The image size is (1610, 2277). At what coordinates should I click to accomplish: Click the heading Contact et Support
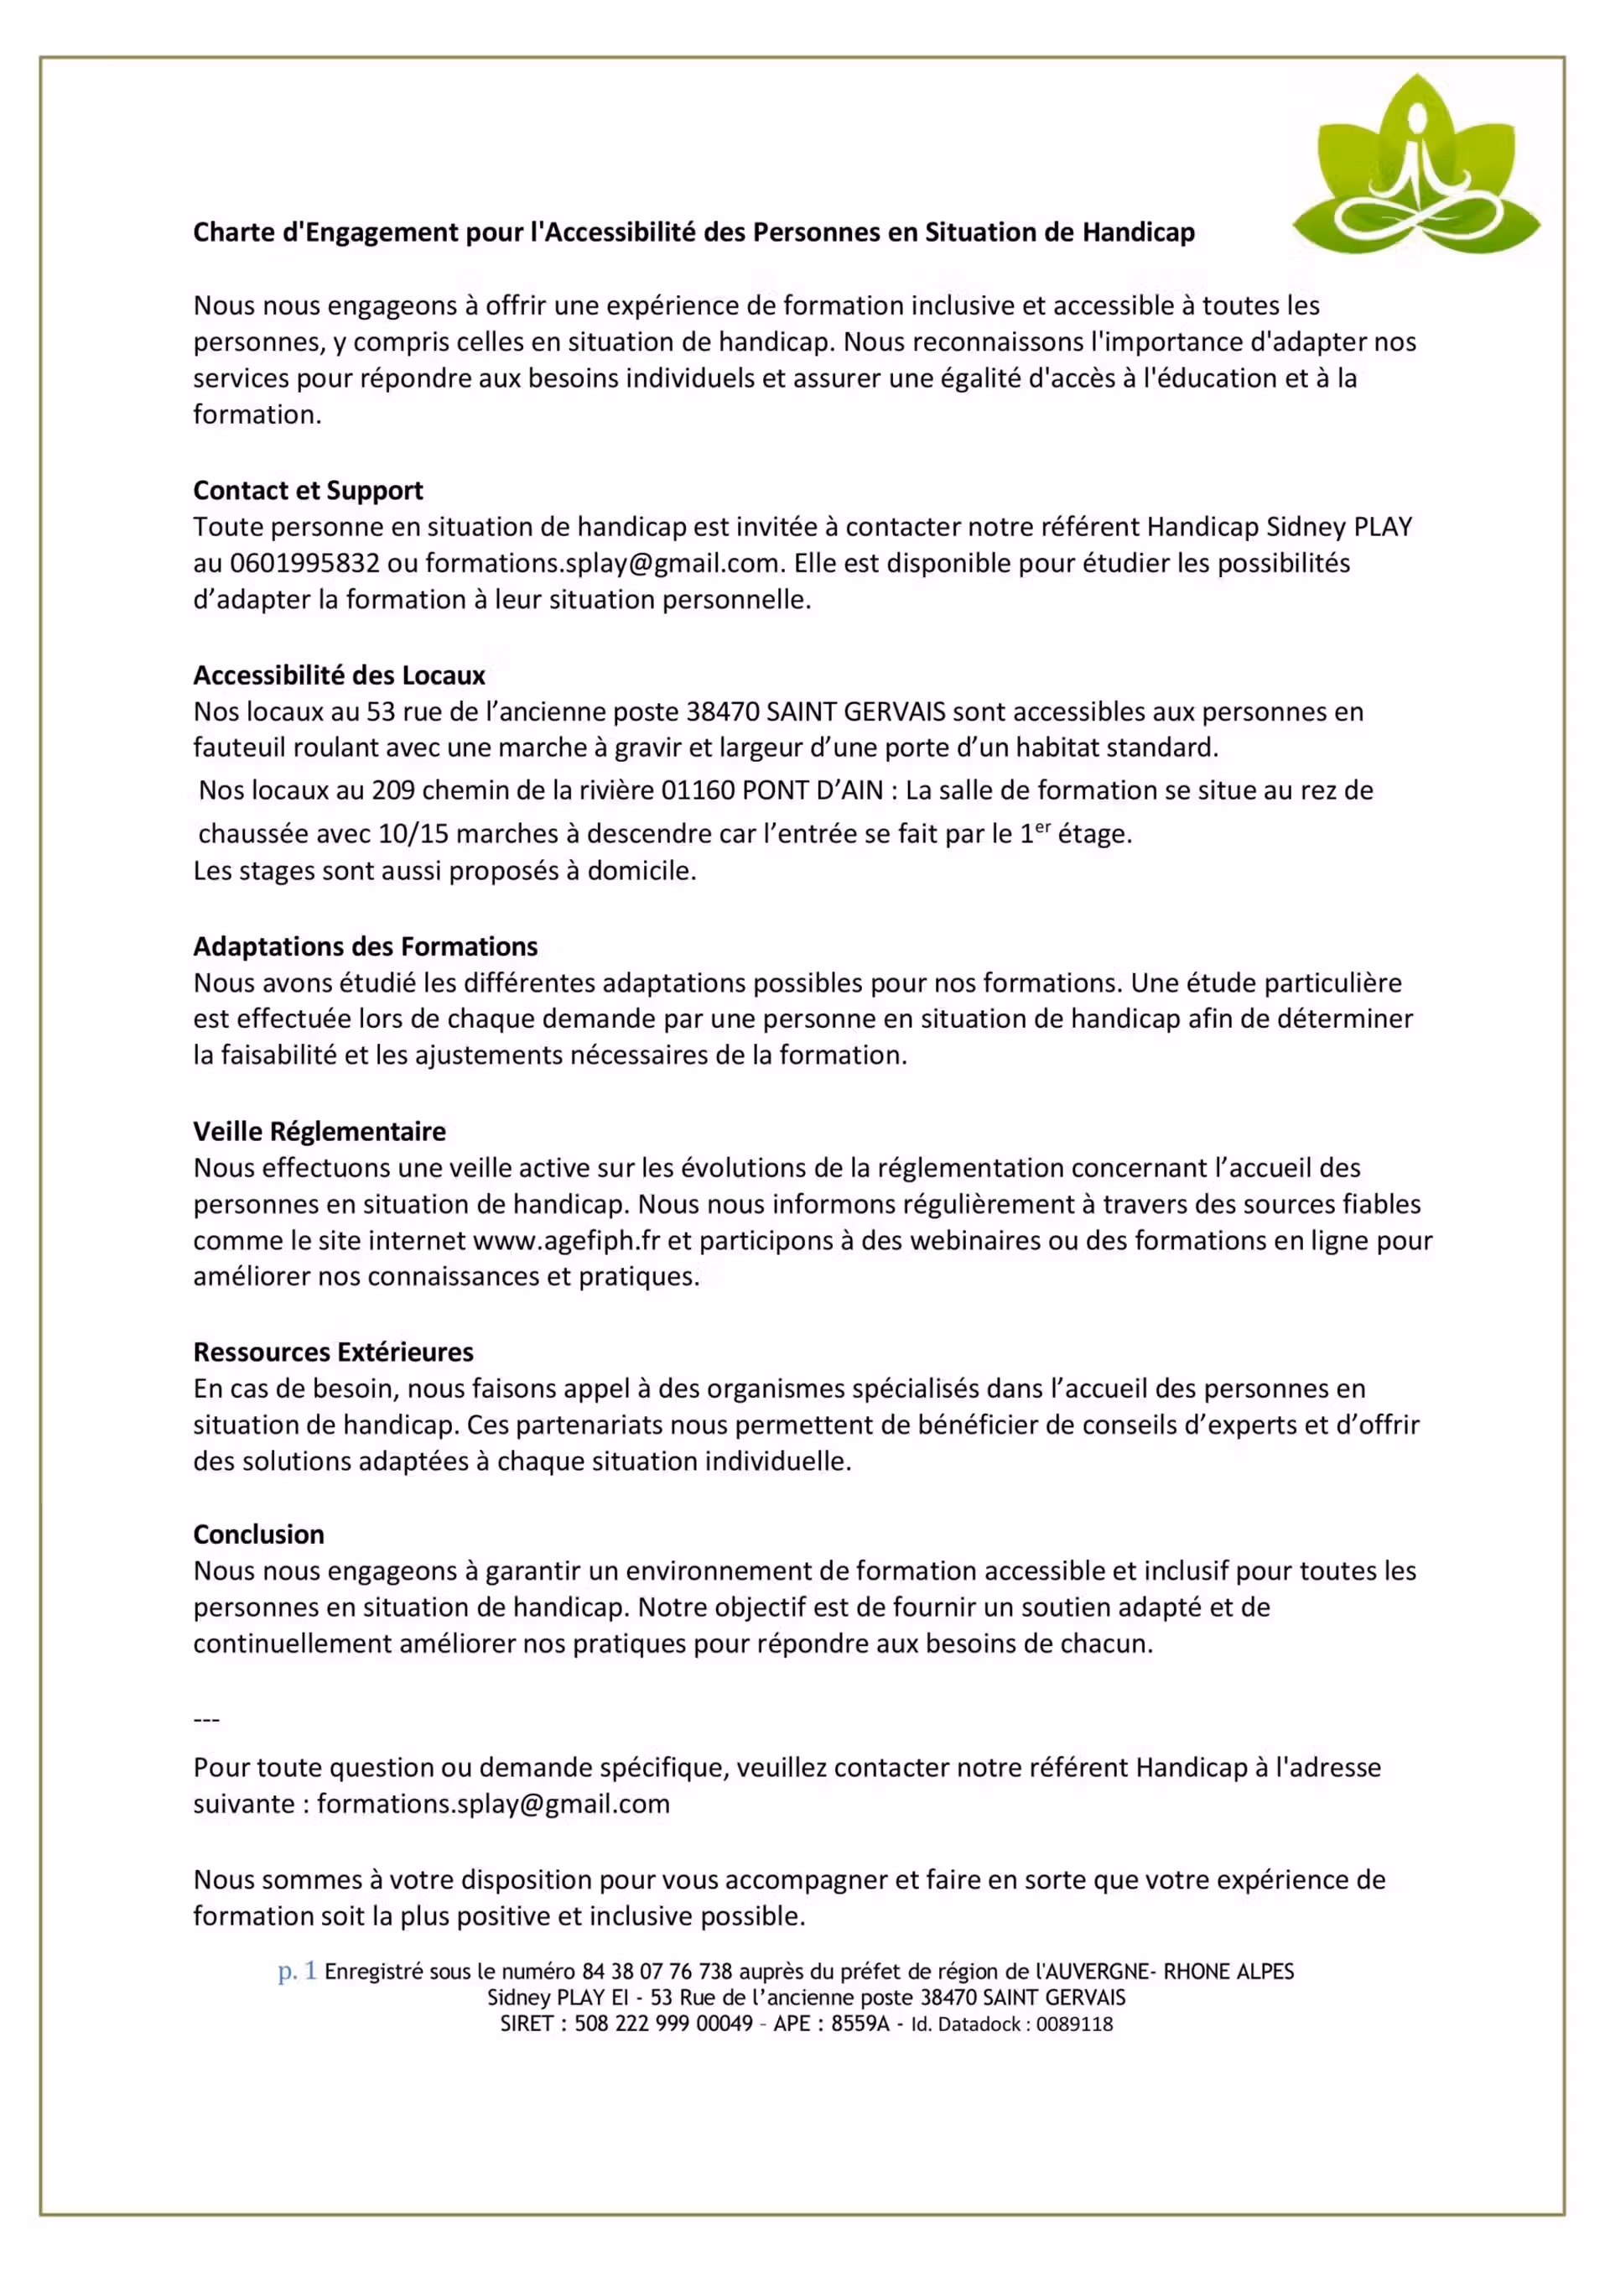pyautogui.click(x=308, y=491)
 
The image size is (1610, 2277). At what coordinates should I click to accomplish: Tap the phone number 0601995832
pyautogui.click(x=304, y=563)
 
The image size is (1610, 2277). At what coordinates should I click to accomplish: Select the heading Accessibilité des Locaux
pyautogui.click(x=339, y=675)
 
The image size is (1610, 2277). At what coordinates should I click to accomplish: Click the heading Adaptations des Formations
pyautogui.click(x=365, y=946)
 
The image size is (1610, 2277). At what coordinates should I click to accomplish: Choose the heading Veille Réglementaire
pyautogui.click(x=319, y=1132)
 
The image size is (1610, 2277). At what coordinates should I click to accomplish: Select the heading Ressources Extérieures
pyautogui.click(x=333, y=1352)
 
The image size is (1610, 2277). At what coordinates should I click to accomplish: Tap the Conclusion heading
pyautogui.click(x=259, y=1534)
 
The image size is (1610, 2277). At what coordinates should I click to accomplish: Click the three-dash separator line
pyautogui.click(x=206, y=1719)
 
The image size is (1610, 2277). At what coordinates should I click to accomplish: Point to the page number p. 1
pyautogui.click(x=296, y=1972)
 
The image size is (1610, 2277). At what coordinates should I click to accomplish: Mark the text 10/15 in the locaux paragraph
pyautogui.click(x=413, y=834)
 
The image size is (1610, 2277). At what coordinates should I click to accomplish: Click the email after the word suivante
pyautogui.click(x=493, y=1804)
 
